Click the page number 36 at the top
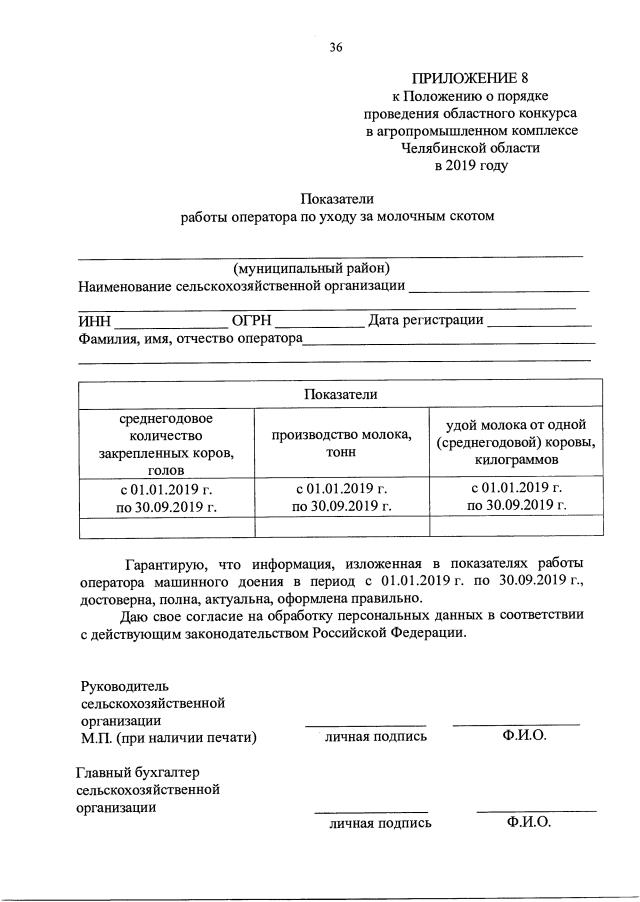click(x=335, y=46)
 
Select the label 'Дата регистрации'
click(x=426, y=320)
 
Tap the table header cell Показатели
click(x=341, y=394)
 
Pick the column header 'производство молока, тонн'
click(x=341, y=443)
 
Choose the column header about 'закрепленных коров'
click(x=166, y=444)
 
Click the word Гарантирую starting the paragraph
click(x=163, y=562)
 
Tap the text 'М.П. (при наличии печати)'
click(x=169, y=738)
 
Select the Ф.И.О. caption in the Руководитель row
click(x=525, y=736)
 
